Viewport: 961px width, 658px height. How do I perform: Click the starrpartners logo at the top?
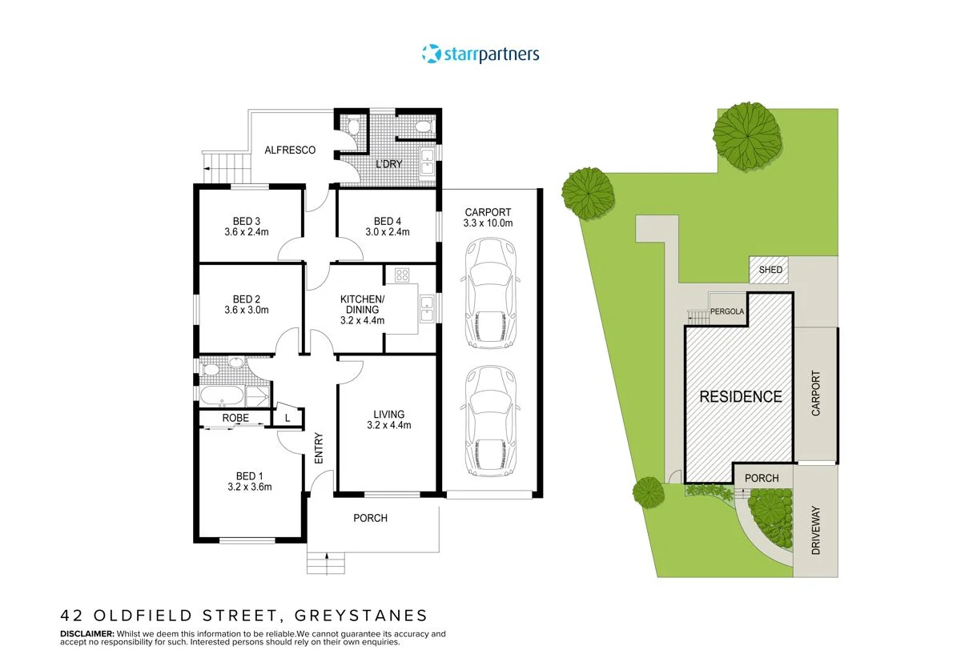(x=480, y=54)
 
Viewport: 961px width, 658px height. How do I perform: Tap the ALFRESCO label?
(x=290, y=150)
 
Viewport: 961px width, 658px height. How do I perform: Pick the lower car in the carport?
(x=489, y=420)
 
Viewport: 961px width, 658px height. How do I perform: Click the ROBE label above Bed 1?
(x=235, y=418)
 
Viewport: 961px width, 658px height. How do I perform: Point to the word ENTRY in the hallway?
(x=319, y=450)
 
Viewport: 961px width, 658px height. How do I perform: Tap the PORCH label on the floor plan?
(x=370, y=518)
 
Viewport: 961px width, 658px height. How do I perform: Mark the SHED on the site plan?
(x=770, y=271)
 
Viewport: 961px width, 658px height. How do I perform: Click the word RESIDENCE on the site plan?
(x=741, y=395)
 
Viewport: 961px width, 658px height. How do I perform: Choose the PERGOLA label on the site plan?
(x=729, y=311)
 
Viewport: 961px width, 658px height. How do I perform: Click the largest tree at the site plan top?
(x=746, y=137)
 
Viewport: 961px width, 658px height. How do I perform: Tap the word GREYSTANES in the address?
(x=361, y=616)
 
